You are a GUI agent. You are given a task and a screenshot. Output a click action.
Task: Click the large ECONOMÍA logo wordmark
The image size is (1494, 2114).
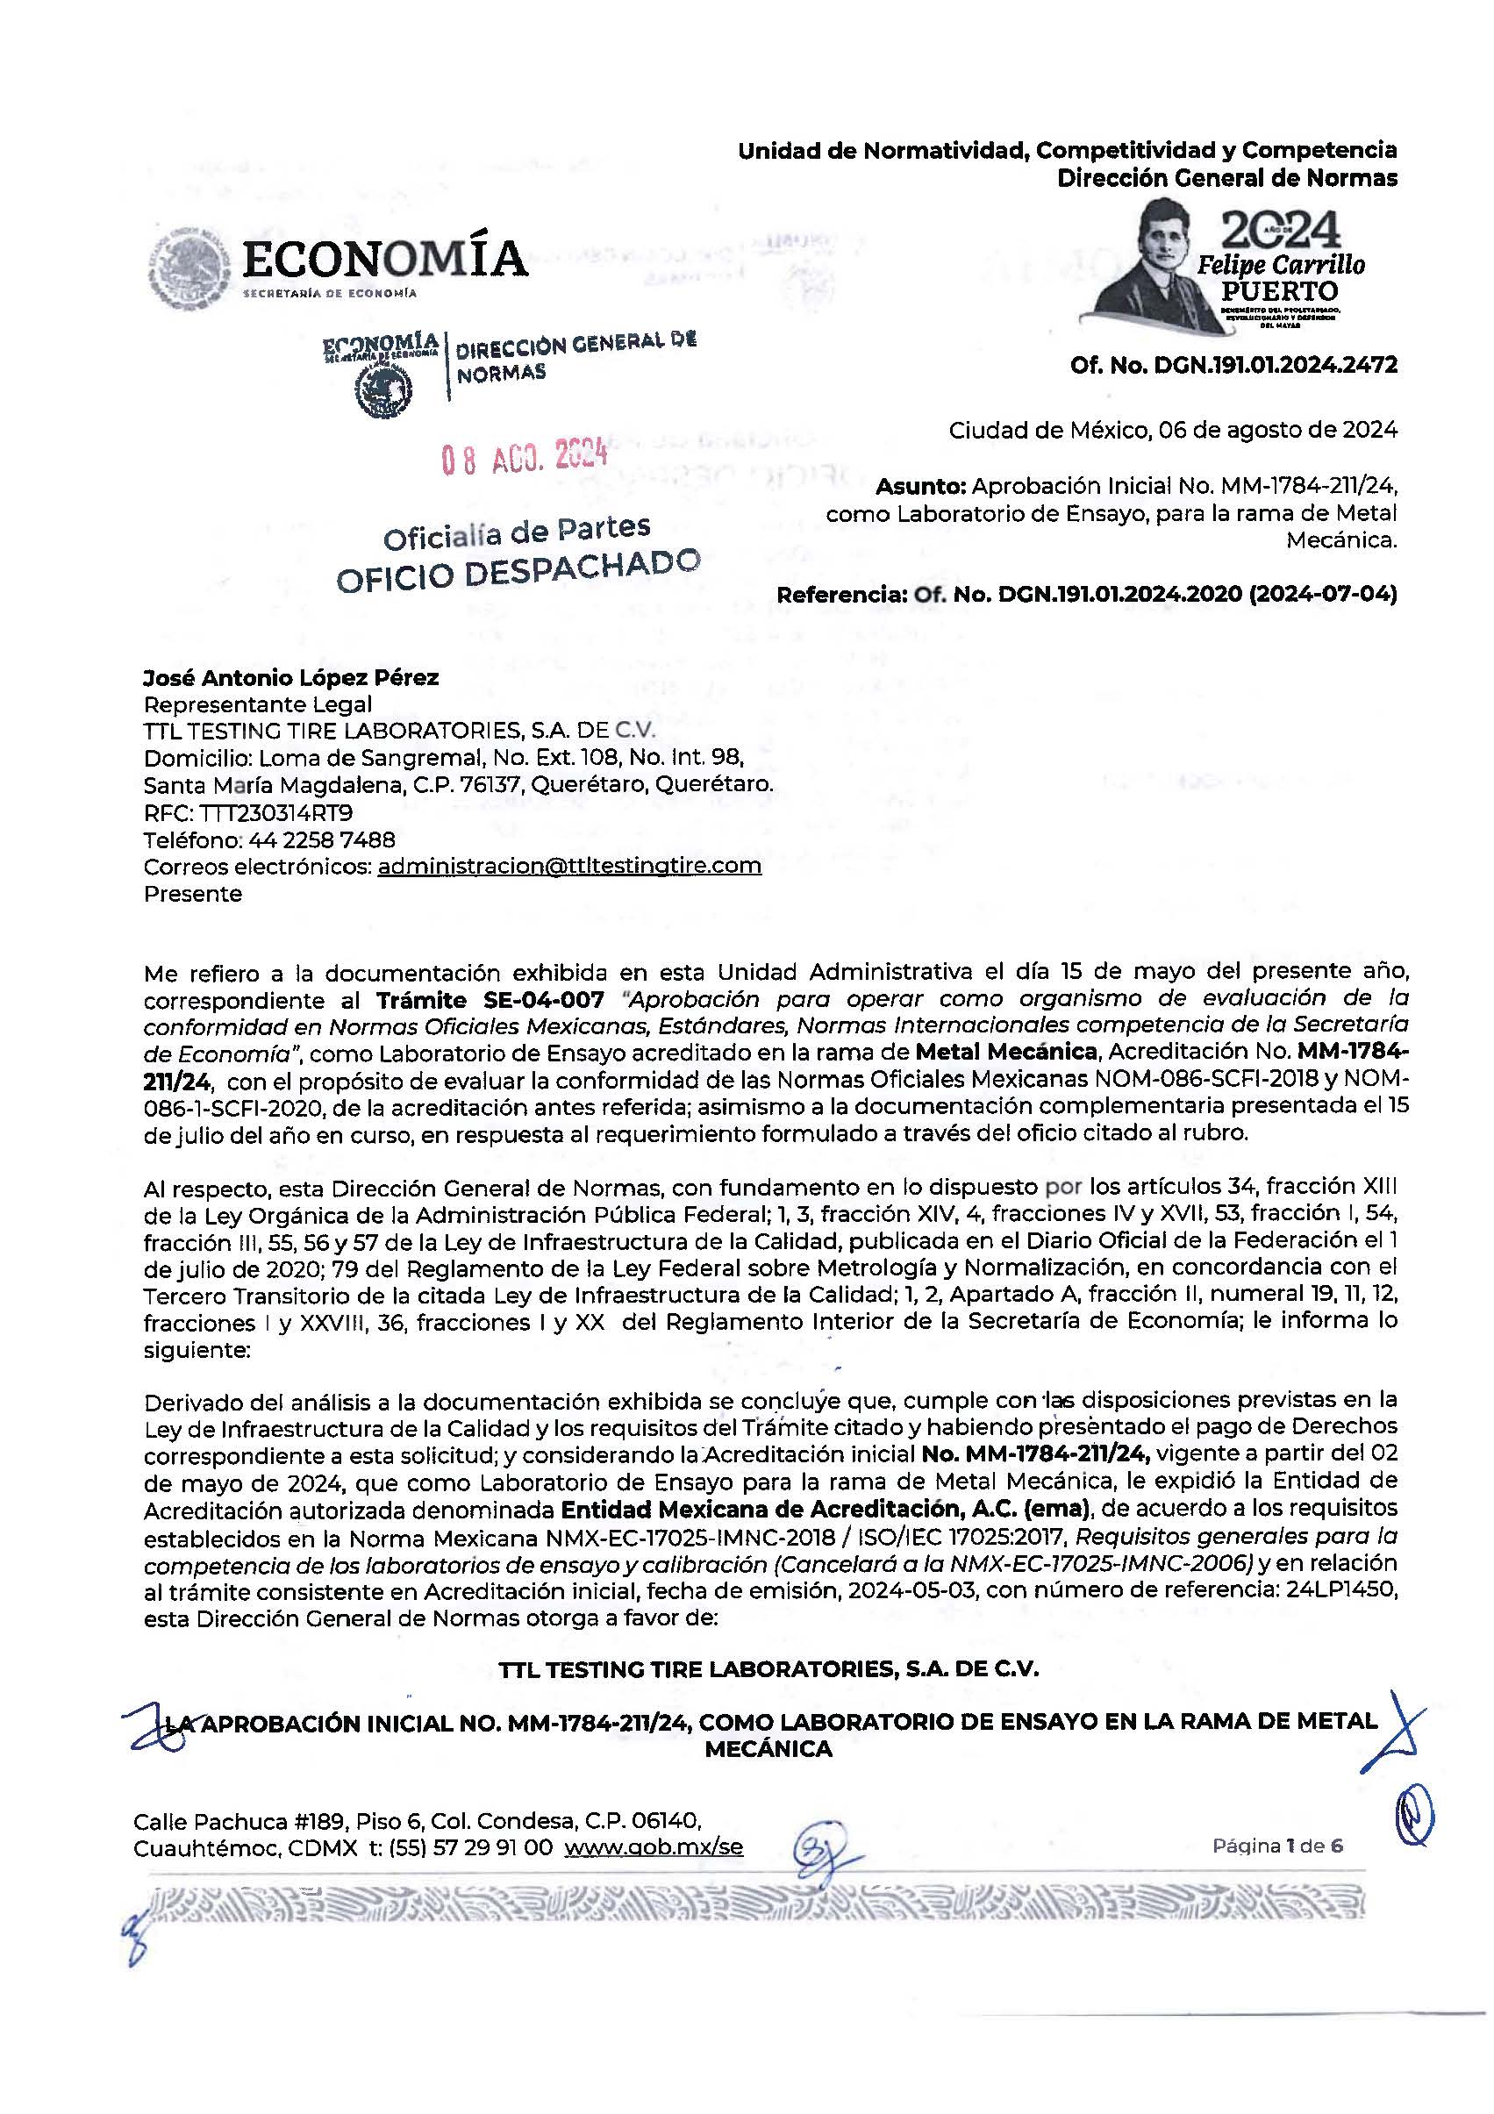coord(383,259)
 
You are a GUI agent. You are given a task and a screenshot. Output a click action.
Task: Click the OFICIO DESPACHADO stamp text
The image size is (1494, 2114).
coord(518,571)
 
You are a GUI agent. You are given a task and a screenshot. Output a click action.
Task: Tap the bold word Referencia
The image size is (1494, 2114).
coord(841,595)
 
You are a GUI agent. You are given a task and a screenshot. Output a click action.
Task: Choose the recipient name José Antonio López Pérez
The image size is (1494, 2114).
coord(291,678)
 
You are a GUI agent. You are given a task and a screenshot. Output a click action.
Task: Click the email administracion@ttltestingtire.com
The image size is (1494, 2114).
coord(569,867)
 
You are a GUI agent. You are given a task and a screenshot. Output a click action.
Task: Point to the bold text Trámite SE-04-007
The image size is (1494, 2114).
coord(490,1000)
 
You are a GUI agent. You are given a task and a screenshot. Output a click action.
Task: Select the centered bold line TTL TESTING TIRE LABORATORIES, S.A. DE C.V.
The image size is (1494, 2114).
coord(768,1669)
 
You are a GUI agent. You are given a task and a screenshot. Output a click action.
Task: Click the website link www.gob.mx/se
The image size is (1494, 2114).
coord(653,1848)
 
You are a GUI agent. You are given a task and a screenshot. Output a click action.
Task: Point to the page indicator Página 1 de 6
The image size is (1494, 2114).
coord(1276,1846)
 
